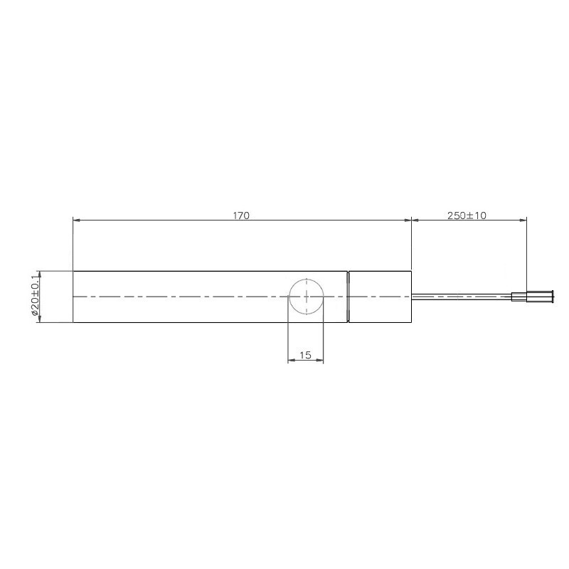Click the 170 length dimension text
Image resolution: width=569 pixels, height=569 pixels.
[241, 216]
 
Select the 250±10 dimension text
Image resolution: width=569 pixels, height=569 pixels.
[467, 216]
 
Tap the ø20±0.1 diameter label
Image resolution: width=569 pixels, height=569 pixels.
[35, 297]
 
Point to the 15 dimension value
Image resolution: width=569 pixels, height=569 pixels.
[306, 355]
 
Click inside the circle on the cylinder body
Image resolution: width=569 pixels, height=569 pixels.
[307, 297]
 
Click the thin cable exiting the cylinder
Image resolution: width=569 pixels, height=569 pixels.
[462, 297]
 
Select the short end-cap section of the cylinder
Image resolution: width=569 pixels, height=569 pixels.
[380, 297]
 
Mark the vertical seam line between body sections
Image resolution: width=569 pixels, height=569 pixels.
[348, 297]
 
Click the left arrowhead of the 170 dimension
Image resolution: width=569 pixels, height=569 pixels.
[76, 220]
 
